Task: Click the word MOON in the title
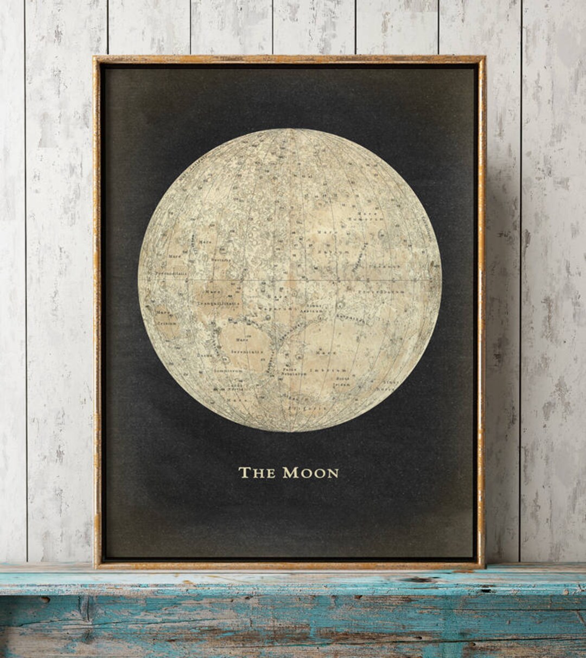pos(310,472)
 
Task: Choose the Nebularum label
pos(295,374)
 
